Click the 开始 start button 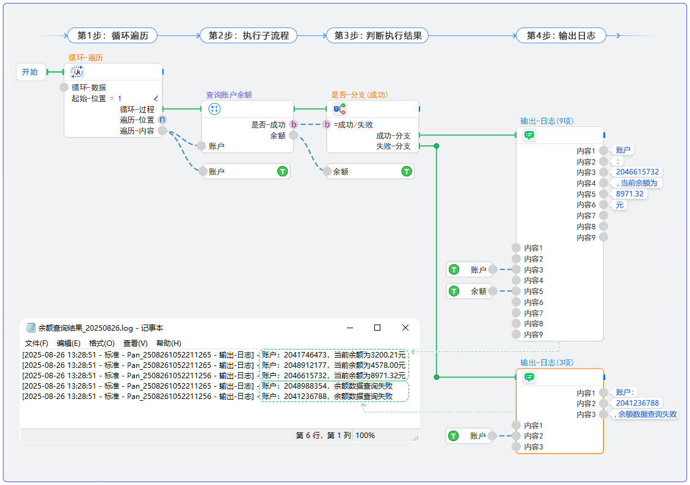tap(30, 72)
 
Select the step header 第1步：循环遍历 tap(112, 35)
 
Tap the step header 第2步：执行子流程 tap(249, 35)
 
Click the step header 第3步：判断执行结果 tap(377, 35)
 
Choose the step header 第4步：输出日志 tap(561, 35)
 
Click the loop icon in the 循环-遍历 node tap(78, 72)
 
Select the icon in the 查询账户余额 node tap(214, 109)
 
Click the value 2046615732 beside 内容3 tap(637, 172)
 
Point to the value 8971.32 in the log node tap(630, 194)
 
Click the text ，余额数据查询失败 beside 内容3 tap(646, 414)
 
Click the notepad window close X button tap(405, 328)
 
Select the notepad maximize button tap(377, 328)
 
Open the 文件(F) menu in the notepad tap(36, 343)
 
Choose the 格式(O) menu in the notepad tap(101, 343)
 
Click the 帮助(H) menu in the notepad tap(169, 343)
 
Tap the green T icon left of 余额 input tap(454, 292)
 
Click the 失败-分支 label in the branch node tap(393, 146)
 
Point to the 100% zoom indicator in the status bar tap(365, 436)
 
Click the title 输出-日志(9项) tap(547, 121)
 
